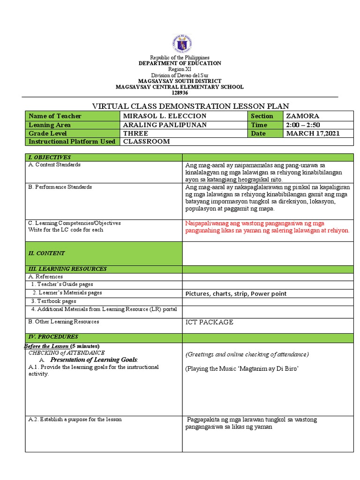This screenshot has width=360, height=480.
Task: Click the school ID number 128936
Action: coord(180,93)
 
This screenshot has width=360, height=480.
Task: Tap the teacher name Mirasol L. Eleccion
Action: coord(164,116)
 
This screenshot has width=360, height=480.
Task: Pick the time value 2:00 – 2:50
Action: coord(302,125)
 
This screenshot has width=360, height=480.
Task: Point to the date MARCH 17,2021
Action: coord(313,133)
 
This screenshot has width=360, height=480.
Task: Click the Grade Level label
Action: coord(48,133)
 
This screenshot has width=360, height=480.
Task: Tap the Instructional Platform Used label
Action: coord(72,142)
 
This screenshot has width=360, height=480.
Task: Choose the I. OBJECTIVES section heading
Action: coord(50,157)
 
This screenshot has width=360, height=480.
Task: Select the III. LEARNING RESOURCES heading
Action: coord(67,269)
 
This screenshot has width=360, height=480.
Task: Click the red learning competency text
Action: coord(267,227)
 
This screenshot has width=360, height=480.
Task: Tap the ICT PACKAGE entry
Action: coord(209,322)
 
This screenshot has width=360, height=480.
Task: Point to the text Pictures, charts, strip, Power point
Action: coord(236,293)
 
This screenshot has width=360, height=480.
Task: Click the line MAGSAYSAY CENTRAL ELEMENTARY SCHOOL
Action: coord(180,87)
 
